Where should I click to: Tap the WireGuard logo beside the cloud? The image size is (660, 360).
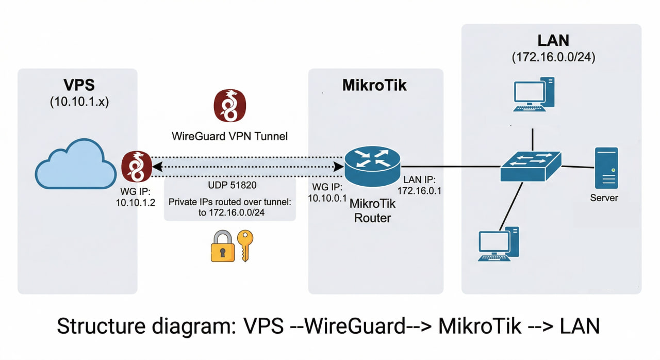point(136,167)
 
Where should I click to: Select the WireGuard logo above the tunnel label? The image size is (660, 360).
point(229,105)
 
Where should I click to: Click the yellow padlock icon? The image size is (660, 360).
point(222,246)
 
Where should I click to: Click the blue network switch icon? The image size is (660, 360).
point(531,166)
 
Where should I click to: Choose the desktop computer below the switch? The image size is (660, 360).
point(498,244)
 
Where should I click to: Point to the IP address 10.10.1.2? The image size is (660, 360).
point(136,203)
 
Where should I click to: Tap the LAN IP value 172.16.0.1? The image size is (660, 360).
point(419,190)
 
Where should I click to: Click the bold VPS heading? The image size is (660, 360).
point(79,85)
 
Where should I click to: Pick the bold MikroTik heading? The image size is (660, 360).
point(374,85)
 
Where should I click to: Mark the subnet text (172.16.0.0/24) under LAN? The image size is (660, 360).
point(553,57)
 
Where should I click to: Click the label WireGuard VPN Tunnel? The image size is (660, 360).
point(229,137)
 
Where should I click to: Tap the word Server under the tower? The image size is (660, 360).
point(604,198)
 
